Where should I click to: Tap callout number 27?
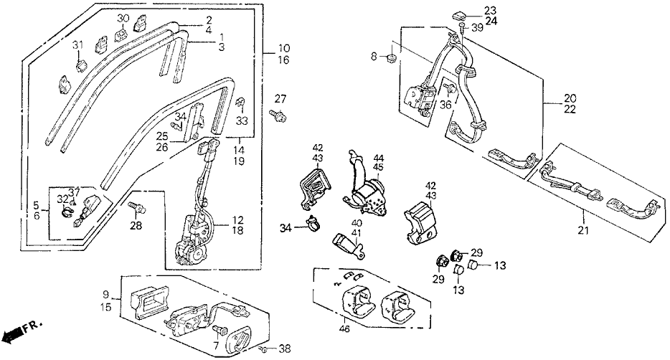[280, 98]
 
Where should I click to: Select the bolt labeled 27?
[276, 114]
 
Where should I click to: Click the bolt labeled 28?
[134, 208]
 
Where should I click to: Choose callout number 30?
[122, 17]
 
